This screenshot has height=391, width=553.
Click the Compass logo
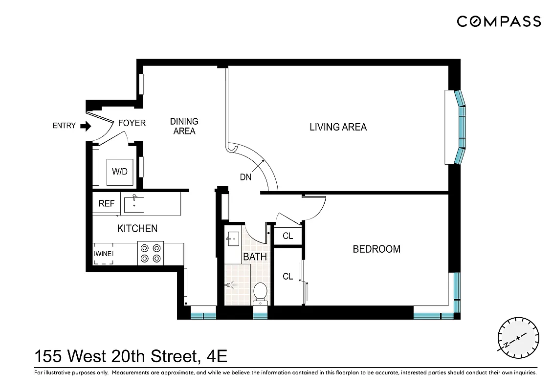499,22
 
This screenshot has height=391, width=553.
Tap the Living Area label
338,127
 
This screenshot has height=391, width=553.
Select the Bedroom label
376,249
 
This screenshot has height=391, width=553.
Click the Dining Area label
184,126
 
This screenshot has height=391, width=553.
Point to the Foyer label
132,123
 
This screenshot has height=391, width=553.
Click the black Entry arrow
86,126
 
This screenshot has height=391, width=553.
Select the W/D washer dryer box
120,172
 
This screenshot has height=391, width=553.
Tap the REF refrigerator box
106,203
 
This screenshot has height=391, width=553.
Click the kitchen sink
134,204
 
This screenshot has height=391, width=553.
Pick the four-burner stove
151,253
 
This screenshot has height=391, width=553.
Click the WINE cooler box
103,254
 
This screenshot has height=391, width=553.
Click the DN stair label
245,177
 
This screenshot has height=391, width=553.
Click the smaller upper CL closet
288,236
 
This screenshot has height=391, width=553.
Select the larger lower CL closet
288,277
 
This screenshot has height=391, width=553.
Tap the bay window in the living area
460,127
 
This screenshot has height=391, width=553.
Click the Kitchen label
137,228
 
